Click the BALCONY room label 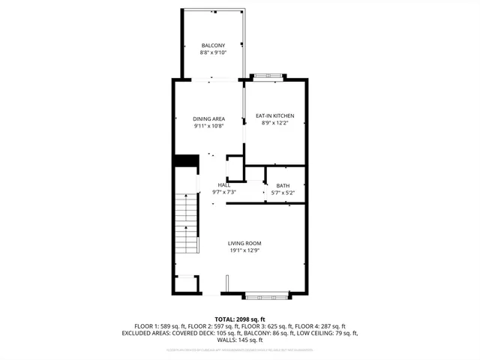pyautogui.click(x=213, y=46)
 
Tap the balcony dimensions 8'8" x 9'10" pyautogui.click(x=213, y=53)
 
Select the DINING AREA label pyautogui.click(x=208, y=118)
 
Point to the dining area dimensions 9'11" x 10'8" pyautogui.click(x=208, y=126)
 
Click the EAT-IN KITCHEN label pyautogui.click(x=274, y=115)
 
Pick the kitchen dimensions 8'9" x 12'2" pyautogui.click(x=274, y=123)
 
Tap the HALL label pyautogui.click(x=224, y=184)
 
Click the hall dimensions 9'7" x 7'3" pyautogui.click(x=224, y=192)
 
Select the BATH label pyautogui.click(x=283, y=185)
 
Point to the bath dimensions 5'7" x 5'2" pyautogui.click(x=283, y=193)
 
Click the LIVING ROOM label pyautogui.click(x=244, y=244)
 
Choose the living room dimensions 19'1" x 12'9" pyautogui.click(x=244, y=251)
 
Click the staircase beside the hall pyautogui.click(x=186, y=225)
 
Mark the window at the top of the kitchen pyautogui.click(x=268, y=76)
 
